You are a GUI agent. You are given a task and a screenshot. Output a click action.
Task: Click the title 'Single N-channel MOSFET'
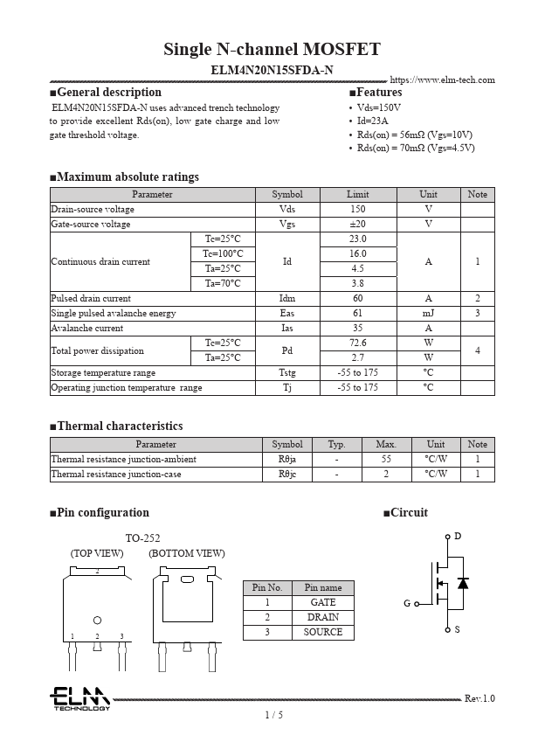click(x=272, y=49)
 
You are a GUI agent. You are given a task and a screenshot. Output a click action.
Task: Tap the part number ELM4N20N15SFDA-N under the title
click(x=272, y=69)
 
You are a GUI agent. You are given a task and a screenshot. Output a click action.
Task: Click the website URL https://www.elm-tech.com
click(x=442, y=80)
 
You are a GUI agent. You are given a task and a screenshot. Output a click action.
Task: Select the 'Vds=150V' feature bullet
click(x=379, y=108)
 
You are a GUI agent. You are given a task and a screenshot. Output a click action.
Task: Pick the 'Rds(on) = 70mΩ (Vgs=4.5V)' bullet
click(x=416, y=149)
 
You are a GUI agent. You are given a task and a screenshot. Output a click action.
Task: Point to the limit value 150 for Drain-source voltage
click(x=357, y=210)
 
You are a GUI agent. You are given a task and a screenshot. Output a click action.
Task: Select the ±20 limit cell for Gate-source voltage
click(x=357, y=225)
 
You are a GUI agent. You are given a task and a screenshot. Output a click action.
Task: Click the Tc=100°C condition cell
click(x=223, y=254)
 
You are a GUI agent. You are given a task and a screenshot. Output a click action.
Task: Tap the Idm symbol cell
click(x=287, y=299)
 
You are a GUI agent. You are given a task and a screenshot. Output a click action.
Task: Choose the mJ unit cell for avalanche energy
click(x=428, y=314)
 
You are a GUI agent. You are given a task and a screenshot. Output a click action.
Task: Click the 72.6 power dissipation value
click(x=357, y=343)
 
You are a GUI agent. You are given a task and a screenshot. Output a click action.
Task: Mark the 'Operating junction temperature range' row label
click(x=127, y=388)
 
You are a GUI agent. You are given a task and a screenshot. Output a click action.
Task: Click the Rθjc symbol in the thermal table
click(x=287, y=475)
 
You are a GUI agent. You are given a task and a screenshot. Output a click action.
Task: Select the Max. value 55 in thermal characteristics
click(x=386, y=460)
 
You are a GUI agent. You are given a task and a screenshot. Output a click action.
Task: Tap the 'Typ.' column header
click(x=337, y=445)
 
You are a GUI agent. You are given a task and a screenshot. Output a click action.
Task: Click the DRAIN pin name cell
click(x=323, y=618)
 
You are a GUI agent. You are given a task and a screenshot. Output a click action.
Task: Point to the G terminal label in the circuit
click(x=407, y=604)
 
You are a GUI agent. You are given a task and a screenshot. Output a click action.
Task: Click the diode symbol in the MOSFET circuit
click(x=463, y=583)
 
